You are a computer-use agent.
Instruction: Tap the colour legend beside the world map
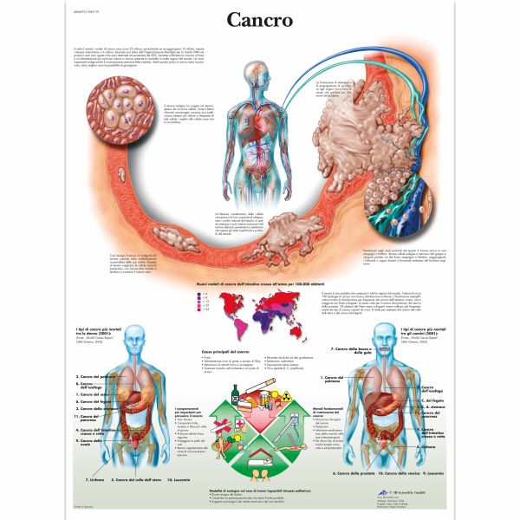pyautogui.click(x=207, y=302)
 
